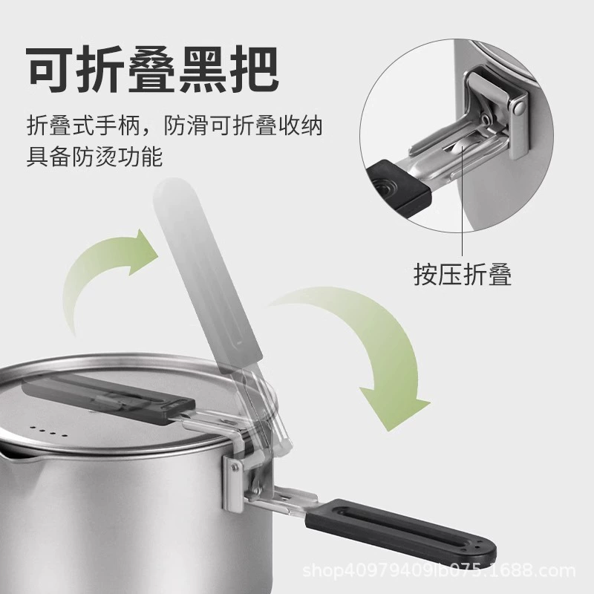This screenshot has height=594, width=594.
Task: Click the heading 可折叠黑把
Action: [x=154, y=69]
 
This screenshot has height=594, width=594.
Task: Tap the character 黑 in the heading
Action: [x=205, y=69]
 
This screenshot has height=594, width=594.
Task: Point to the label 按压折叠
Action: [x=463, y=273]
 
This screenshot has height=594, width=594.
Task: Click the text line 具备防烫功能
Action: [x=95, y=157]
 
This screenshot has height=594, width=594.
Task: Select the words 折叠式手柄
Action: [x=83, y=125]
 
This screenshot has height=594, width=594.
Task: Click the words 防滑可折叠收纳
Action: [x=244, y=125]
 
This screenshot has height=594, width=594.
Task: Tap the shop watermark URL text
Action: [x=440, y=570]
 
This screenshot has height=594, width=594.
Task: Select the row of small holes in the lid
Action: [x=49, y=431]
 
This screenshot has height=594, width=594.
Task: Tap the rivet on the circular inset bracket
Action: [x=518, y=108]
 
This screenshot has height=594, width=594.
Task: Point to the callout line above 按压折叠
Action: [x=463, y=200]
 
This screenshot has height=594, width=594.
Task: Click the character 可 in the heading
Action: [x=51, y=69]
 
